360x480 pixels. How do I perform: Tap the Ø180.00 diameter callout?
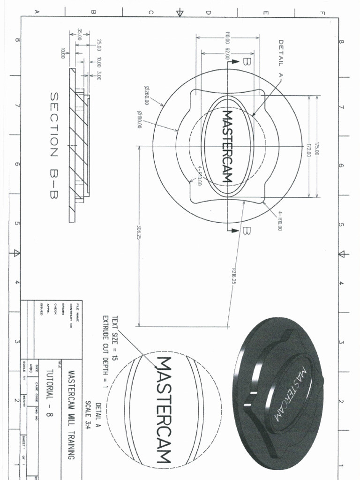pos(139,119)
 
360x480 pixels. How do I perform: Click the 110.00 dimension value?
pos(228,37)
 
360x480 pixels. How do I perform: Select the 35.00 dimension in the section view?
pos(80,35)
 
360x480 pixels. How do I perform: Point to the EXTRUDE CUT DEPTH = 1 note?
pos(106,350)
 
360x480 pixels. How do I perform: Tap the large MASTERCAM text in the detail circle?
pos(164,409)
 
